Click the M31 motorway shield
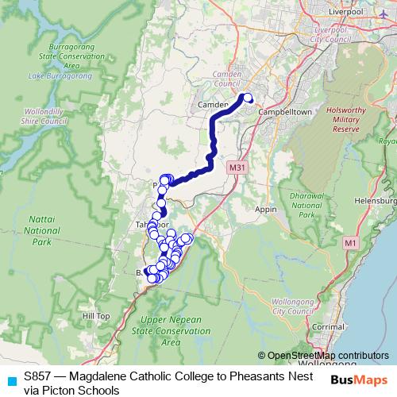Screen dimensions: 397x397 [x=236, y=168]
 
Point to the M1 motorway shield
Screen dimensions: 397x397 [x=350, y=241]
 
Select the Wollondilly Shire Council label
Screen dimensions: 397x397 [x=40, y=118]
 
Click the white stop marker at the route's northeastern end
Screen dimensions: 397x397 [x=247, y=98]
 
